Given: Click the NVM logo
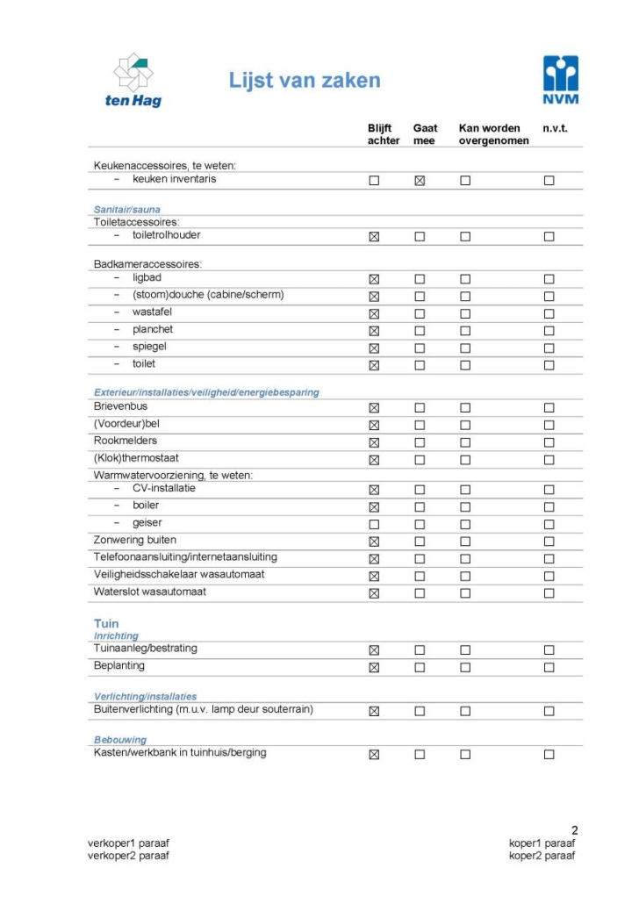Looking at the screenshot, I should pos(561,80).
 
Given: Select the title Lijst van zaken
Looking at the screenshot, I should pos(305,81).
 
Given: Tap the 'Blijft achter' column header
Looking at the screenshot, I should pos(383,134).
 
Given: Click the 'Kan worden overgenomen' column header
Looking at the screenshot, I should pos(493,134).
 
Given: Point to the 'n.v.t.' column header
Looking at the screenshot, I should pos(555,128).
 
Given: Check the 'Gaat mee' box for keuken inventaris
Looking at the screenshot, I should pos(420,181).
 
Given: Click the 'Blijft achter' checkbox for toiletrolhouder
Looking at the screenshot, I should pos(374,237).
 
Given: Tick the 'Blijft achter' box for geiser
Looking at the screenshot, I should pos(374,524).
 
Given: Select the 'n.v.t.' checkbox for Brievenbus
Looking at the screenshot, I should pos(549,408).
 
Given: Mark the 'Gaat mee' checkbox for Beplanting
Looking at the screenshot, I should pos(420,667).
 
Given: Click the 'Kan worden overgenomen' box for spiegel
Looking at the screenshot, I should pos(465,348).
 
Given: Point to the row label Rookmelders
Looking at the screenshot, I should pos(126,441).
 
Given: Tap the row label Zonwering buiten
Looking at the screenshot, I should pos(135,540).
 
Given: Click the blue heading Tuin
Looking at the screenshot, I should pos(106,624).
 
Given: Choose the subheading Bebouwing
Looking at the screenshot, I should pos(120,740).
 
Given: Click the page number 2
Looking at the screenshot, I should pos(575,830).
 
